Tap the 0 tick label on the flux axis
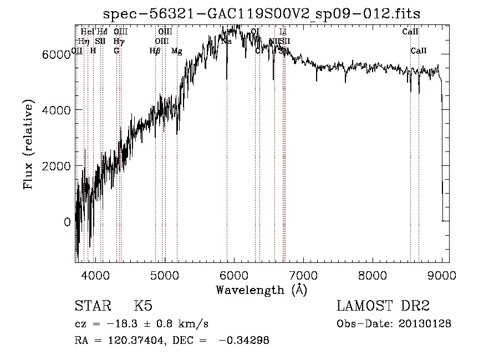[67, 222]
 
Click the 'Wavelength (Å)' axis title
[261, 290]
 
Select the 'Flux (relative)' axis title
[28, 145]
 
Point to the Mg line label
[176, 51]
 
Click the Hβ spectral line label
[155, 51]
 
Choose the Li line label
[283, 32]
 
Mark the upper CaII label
[410, 32]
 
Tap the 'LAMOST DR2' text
[383, 307]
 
